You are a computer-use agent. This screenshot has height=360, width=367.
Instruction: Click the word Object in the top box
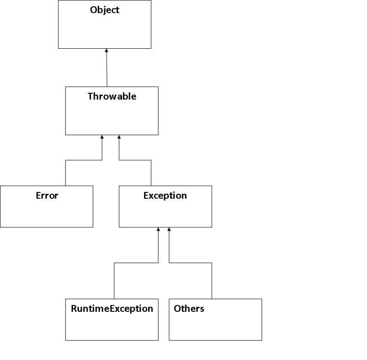click(x=105, y=10)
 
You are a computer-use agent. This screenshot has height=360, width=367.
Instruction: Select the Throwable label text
click(x=112, y=96)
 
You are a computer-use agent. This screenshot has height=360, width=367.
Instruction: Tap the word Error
click(x=47, y=196)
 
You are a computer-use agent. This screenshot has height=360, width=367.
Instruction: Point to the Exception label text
click(x=165, y=196)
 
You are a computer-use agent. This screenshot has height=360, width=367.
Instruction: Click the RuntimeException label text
click(x=112, y=309)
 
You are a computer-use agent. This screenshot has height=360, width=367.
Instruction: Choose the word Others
click(x=189, y=309)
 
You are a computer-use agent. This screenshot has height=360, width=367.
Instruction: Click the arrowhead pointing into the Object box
click(x=106, y=51)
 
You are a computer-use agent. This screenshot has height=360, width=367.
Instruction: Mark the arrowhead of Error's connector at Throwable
click(x=102, y=137)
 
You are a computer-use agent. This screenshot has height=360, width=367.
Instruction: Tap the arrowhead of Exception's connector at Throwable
click(x=119, y=137)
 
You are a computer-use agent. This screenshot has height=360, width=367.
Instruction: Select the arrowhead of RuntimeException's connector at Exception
click(x=158, y=230)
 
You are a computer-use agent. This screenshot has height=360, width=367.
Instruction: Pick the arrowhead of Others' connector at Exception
click(x=169, y=230)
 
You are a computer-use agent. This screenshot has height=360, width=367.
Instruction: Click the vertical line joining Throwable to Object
click(x=107, y=69)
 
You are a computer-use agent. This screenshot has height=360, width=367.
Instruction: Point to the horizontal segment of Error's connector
click(x=83, y=160)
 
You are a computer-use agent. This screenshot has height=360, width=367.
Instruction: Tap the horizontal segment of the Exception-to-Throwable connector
click(x=135, y=160)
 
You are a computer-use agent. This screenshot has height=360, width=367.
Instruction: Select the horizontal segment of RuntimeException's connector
click(x=136, y=263)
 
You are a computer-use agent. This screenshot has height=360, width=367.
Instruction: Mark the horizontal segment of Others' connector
click(x=190, y=263)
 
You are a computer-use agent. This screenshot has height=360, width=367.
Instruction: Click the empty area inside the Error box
click(x=47, y=214)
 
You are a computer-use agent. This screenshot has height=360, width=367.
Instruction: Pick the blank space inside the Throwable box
click(x=112, y=118)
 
